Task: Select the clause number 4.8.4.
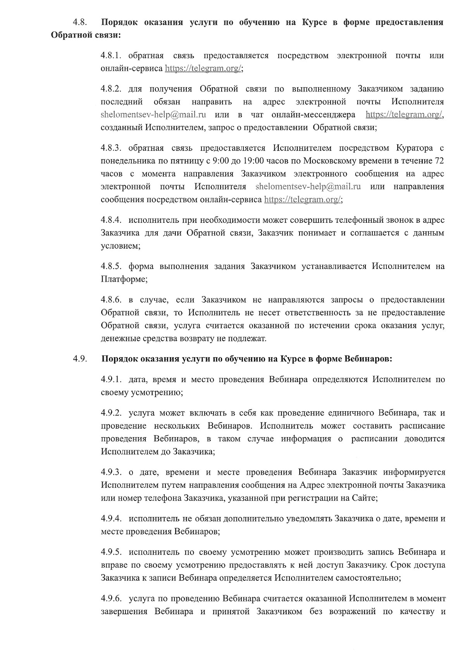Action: click(x=111, y=220)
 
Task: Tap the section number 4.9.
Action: click(x=80, y=359)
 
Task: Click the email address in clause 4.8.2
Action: click(x=153, y=115)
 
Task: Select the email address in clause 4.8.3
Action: click(x=308, y=187)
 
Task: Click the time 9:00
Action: click(x=222, y=161)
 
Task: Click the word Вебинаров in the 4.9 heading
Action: click(x=368, y=359)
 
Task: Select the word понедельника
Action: click(x=128, y=161)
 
